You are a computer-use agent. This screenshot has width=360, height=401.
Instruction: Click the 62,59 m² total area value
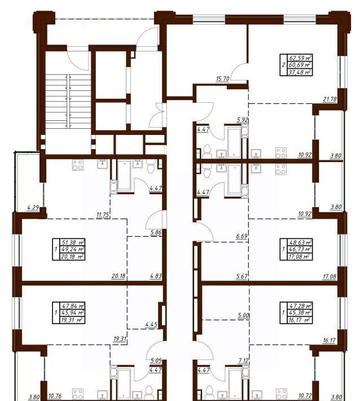tap(300, 58)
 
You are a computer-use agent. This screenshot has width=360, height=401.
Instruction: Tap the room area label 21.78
tap(330, 99)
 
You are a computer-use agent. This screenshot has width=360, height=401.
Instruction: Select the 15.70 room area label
tap(222, 79)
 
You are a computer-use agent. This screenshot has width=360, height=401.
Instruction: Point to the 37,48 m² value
tap(300, 72)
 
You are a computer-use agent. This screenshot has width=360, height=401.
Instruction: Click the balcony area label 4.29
tap(33, 207)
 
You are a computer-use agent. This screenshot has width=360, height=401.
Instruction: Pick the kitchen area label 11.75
tap(103, 215)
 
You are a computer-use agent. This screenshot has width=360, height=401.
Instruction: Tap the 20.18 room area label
tap(118, 276)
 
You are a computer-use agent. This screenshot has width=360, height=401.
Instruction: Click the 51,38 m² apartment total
tap(73, 242)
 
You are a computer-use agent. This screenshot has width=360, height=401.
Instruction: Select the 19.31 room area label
tap(120, 339)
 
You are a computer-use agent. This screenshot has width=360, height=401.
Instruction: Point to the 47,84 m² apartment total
tap(73, 306)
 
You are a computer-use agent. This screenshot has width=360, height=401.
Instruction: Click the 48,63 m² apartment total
tap(300, 242)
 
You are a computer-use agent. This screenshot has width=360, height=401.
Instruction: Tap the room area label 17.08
tap(330, 276)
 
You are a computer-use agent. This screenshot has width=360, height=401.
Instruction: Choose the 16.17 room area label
tap(329, 341)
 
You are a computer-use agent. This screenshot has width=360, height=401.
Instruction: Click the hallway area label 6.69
tap(242, 236)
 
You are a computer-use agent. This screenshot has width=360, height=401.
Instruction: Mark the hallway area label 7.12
tap(243, 360)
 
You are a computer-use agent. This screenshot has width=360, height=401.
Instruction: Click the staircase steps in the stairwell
tap(68, 101)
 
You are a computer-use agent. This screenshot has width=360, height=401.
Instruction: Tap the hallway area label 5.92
tap(243, 119)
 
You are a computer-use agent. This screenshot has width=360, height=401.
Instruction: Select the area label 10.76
tap(55, 396)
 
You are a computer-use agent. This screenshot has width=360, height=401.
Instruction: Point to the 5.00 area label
tap(243, 316)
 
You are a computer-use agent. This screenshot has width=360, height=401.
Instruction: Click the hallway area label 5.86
tap(156, 233)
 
